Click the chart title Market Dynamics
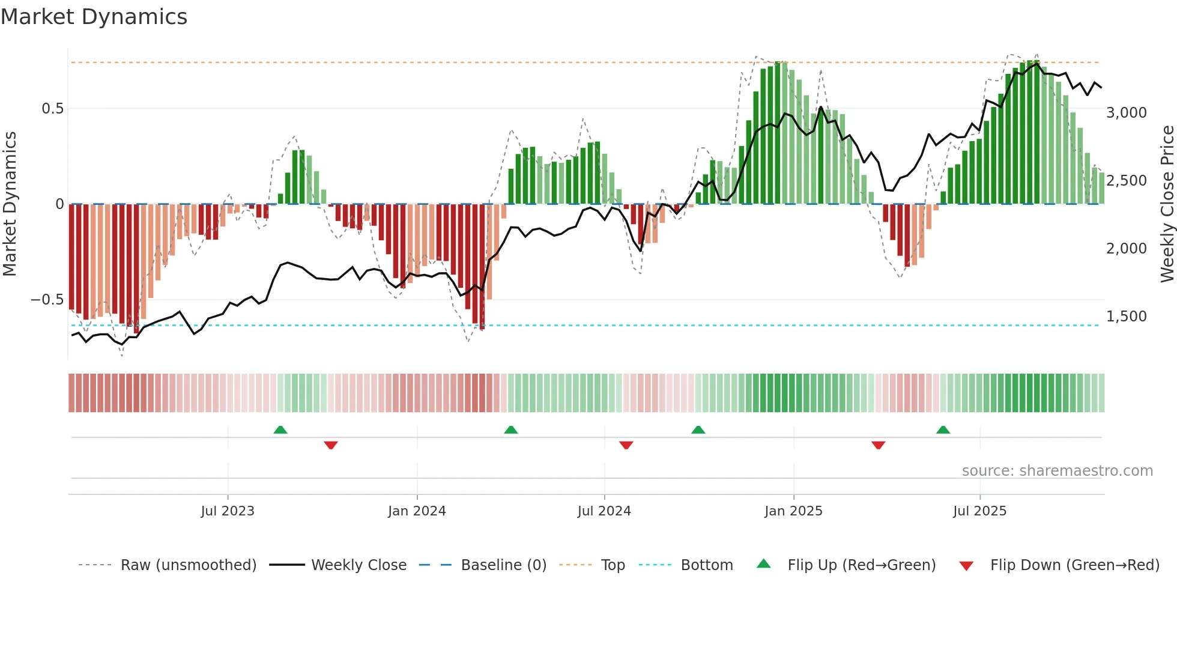pos(94,17)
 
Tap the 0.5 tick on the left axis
pos(52,109)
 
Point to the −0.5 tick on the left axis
pos(47,300)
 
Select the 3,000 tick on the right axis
pos(1126,113)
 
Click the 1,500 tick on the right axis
pos(1126,317)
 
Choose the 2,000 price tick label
pos(1126,249)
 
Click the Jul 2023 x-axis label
pos(228,511)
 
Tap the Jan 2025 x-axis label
pos(793,511)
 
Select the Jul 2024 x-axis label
pos(604,511)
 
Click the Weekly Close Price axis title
pos(1167,204)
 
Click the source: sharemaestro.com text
pos(1057,471)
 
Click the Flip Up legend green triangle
pos(763,564)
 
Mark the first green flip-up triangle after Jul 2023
pos(280,430)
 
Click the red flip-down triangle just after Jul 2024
pos(626,445)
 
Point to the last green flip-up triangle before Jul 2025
pos(943,430)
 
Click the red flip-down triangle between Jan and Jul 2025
pos(879,445)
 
